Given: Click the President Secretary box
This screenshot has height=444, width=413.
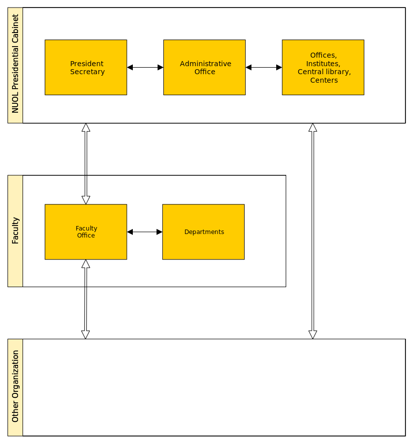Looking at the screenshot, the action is (86, 67).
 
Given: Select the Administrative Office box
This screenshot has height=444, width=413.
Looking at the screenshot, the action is (204, 67).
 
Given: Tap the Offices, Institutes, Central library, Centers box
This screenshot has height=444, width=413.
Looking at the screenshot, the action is (323, 67).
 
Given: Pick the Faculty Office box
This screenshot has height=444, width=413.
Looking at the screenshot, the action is (86, 232).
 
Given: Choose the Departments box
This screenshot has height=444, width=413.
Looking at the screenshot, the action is (203, 232).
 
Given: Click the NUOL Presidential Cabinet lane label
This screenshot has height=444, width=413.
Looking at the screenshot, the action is (15, 64).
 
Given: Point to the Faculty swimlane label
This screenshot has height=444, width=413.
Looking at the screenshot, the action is (15, 231).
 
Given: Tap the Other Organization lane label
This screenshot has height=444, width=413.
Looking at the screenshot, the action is (15, 386).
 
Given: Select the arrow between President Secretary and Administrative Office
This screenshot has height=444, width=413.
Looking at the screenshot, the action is (145, 67).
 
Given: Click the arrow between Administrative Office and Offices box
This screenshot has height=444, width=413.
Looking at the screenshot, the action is (264, 67).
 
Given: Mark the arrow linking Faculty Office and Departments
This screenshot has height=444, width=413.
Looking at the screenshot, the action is (144, 232).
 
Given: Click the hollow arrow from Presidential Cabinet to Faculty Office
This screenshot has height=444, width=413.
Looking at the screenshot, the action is (86, 164).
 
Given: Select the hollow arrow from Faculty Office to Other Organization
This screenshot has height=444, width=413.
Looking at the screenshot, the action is (86, 299).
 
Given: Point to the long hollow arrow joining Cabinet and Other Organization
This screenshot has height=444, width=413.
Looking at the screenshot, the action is (313, 231).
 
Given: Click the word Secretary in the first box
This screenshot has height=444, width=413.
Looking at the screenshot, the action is (88, 72).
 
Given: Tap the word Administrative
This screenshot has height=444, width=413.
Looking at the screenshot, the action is (205, 64).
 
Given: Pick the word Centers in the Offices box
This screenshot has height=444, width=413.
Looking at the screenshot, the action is (324, 80).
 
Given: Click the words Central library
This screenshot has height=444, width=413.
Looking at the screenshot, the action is (324, 72).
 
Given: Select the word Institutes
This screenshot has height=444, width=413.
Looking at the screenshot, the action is (323, 64).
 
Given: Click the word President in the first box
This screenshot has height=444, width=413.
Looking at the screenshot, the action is (87, 64).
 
